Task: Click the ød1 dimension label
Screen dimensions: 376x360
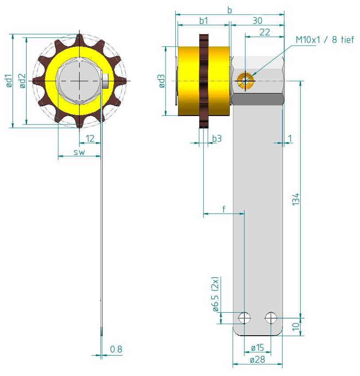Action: pyautogui.click(x=9, y=81)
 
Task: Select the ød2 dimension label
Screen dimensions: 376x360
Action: pyautogui.click(x=23, y=81)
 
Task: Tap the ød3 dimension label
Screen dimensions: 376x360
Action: pyautogui.click(x=162, y=81)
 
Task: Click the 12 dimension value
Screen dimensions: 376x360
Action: pyautogui.click(x=90, y=139)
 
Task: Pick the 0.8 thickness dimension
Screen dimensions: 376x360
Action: pyautogui.click(x=116, y=349)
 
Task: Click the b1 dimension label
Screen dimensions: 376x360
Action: pyautogui.click(x=203, y=20)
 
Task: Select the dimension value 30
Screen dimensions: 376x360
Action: pyautogui.click(x=257, y=20)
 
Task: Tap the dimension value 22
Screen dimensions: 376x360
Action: pyautogui.click(x=264, y=32)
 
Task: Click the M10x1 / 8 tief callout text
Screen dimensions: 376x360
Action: pyautogui.click(x=325, y=40)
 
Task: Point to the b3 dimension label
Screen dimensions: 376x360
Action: pyautogui.click(x=217, y=139)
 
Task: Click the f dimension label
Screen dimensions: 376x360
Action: pyautogui.click(x=224, y=209)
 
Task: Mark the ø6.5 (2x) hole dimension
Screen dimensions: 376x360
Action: pyautogui.click(x=215, y=295)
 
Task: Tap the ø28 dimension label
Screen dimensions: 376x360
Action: pyautogui.click(x=257, y=360)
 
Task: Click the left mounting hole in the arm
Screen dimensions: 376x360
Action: pyautogui.click(x=244, y=317)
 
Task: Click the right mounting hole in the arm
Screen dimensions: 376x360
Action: pyautogui.click(x=271, y=317)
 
